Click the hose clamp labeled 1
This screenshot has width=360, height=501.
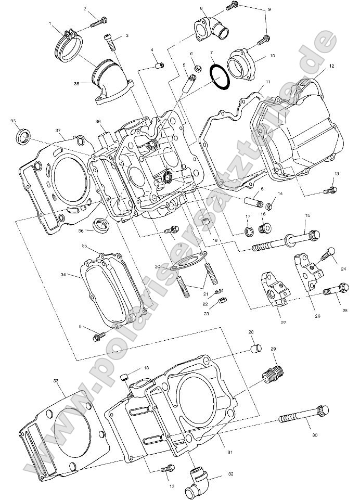[x=66, y=42]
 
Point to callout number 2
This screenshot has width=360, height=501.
[x=85, y=9]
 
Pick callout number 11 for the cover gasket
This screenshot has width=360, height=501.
[x=267, y=83]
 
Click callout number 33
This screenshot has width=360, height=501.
[x=56, y=381]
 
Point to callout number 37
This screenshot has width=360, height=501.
[x=58, y=131]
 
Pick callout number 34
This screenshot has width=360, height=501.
[x=63, y=274]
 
